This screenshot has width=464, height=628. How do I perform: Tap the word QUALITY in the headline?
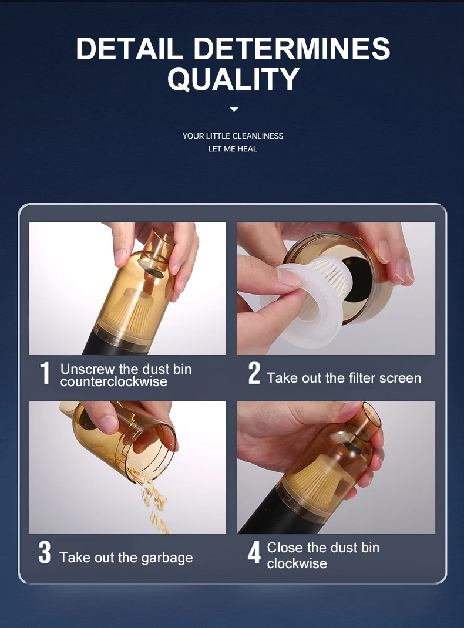(233, 79)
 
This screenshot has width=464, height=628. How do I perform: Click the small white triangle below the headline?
(234, 109)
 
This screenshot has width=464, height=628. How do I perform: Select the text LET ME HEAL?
(233, 148)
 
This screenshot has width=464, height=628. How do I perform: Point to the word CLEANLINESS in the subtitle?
(258, 136)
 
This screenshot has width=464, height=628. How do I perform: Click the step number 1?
(45, 373)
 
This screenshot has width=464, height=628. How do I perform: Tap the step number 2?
(254, 373)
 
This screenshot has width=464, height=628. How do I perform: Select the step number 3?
(45, 553)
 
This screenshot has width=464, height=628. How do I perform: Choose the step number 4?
(254, 553)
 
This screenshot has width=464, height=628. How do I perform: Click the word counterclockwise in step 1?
(114, 381)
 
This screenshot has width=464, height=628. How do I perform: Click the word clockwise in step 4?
(297, 563)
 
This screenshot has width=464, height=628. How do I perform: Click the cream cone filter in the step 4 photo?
(317, 485)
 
